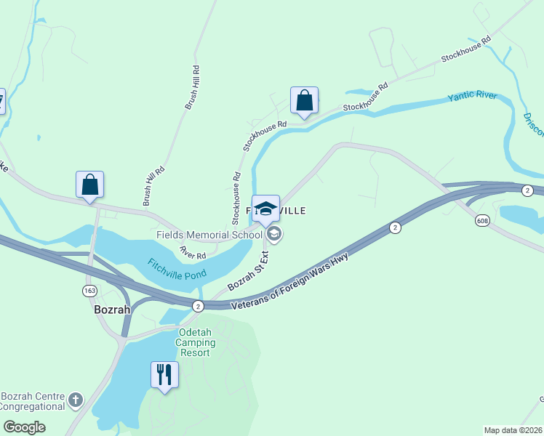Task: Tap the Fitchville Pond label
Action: pyautogui.click(x=177, y=270)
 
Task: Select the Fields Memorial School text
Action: pyautogui.click(x=209, y=235)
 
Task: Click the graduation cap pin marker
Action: pyautogui.click(x=265, y=208)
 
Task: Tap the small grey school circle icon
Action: pyautogui.click(x=274, y=234)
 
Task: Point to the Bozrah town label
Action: pyautogui.click(x=112, y=308)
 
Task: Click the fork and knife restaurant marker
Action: pyautogui.click(x=164, y=375)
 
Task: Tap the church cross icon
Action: pyautogui.click(x=76, y=400)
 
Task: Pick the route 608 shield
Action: pyautogui.click(x=481, y=220)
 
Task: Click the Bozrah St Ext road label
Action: pyautogui.click(x=248, y=272)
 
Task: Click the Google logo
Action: pyautogui.click(x=24, y=427)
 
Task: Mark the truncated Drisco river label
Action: pyautogui.click(x=533, y=124)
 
